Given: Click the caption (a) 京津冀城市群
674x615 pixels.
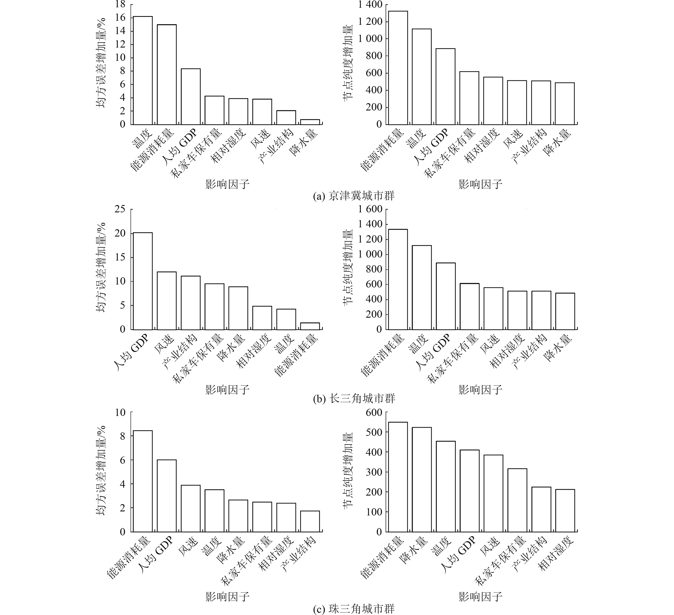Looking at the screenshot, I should click(354, 196).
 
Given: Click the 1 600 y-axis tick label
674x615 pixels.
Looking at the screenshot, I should click(370, 209).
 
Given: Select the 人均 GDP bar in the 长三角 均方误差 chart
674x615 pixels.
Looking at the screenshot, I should click(143, 281).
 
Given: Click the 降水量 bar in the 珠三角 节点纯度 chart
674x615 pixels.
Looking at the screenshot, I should click(422, 479).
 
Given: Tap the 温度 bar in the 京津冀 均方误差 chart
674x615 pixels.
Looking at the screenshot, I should click(143, 70).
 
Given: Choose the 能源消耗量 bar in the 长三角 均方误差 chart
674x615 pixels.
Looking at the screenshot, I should click(310, 326).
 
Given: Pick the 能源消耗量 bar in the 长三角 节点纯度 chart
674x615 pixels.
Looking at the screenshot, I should click(398, 279).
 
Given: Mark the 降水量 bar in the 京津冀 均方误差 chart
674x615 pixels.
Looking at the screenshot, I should click(310, 122).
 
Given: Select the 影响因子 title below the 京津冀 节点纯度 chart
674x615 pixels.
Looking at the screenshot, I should click(480, 184).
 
